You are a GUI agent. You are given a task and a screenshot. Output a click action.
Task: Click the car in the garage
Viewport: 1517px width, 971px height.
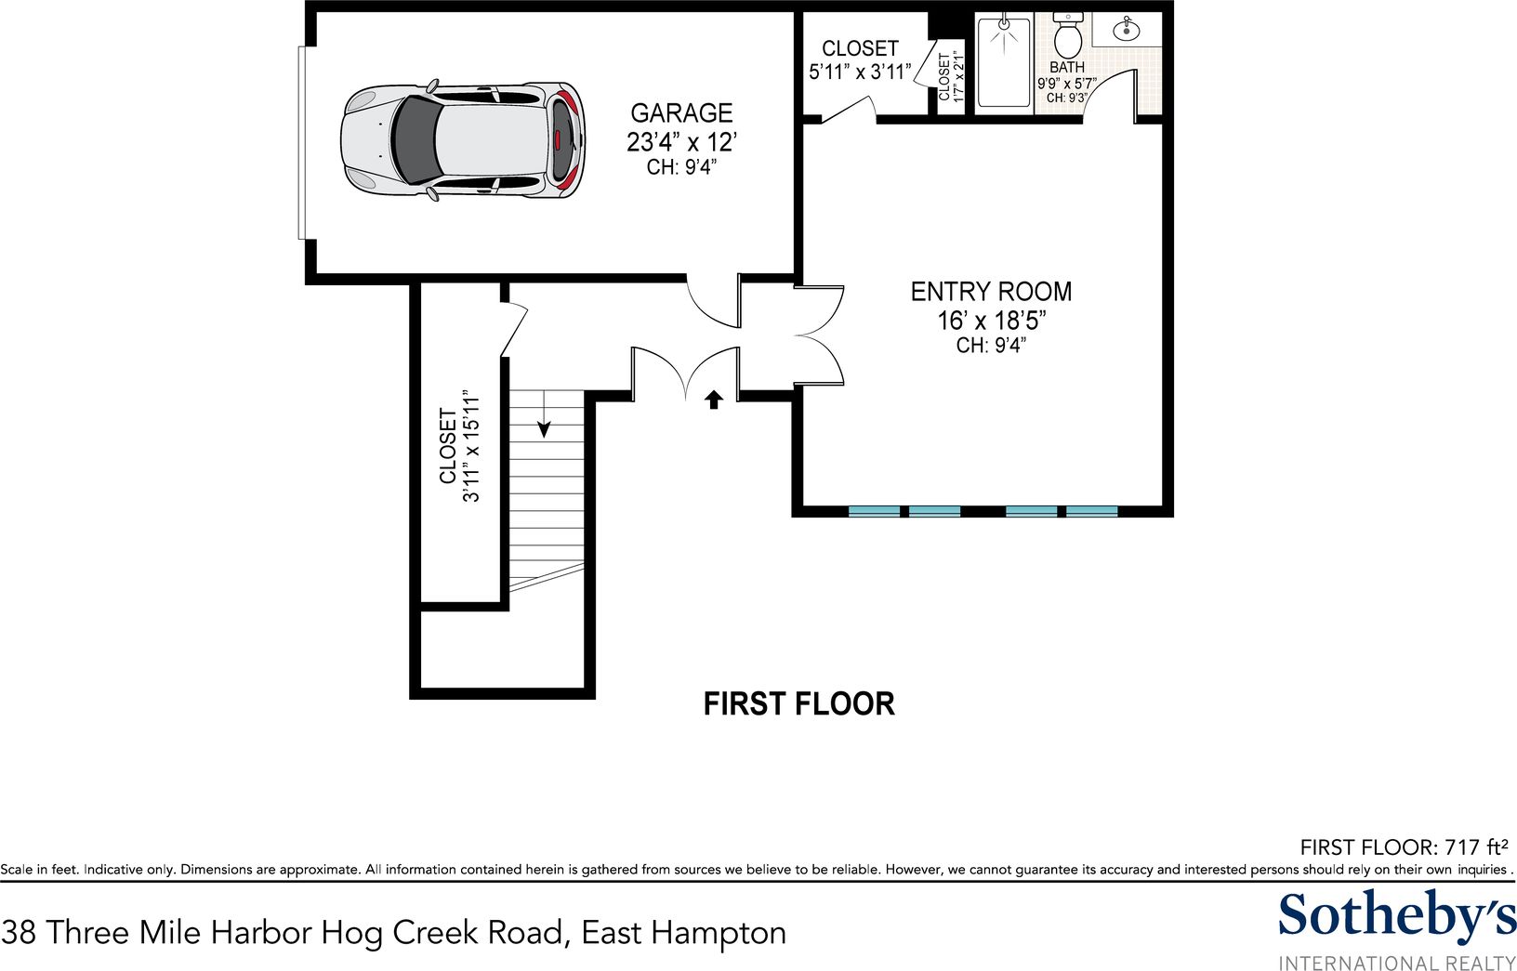(x=463, y=141)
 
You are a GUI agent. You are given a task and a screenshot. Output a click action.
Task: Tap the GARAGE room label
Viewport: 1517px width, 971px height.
(x=681, y=112)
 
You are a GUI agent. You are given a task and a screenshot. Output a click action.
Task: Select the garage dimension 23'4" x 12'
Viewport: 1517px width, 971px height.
(x=681, y=142)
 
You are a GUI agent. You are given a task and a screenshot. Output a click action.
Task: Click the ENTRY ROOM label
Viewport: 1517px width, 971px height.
(x=991, y=292)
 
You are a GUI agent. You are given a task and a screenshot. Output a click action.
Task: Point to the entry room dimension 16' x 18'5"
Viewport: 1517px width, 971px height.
(x=991, y=321)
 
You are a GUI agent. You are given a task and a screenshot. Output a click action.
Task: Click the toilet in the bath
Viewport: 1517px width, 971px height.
(x=1069, y=36)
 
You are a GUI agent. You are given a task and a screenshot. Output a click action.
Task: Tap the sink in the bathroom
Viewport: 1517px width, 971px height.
(x=1127, y=29)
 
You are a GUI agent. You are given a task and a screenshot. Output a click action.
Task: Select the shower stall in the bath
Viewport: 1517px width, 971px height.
(x=1004, y=61)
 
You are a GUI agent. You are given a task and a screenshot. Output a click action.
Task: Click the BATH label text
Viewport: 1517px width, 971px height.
(x=1067, y=67)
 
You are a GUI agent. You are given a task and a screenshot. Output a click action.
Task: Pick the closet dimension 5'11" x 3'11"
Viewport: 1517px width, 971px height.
(x=860, y=72)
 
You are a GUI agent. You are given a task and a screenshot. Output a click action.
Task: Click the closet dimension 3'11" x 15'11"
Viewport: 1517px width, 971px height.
(x=471, y=446)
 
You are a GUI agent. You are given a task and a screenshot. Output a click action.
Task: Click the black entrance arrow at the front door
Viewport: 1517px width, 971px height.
(x=713, y=400)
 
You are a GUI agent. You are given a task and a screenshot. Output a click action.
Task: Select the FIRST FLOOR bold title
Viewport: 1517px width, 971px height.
(x=799, y=704)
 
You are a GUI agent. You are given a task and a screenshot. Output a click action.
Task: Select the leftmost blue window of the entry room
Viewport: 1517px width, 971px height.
(x=875, y=511)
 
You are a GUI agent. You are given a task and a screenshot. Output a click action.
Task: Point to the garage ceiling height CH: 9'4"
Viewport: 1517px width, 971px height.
(x=681, y=166)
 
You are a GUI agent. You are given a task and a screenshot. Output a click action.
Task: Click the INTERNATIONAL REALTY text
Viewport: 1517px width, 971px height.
(x=1397, y=963)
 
